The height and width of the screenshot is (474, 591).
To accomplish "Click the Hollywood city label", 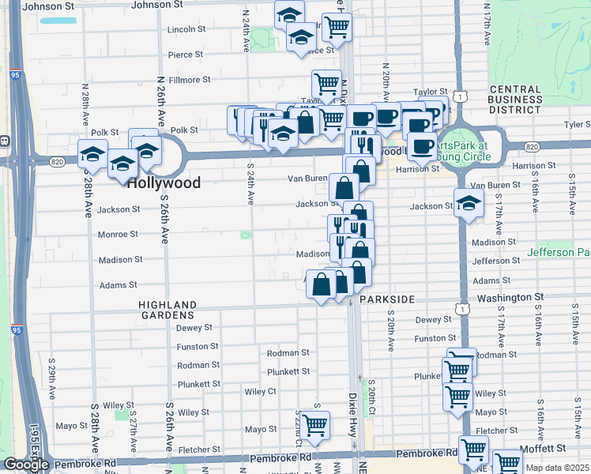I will coord(164,182).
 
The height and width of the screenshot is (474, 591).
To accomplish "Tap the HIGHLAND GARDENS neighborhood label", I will coord(167,310).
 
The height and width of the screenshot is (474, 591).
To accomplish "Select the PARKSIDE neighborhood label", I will coord(387,300).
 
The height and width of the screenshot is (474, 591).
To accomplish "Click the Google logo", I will coord(26,465).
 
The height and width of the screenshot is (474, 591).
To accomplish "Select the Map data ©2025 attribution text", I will coord(559,468).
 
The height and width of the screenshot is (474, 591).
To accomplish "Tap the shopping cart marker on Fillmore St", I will coord(326,83).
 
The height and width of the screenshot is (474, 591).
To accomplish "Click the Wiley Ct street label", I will coord(260,391).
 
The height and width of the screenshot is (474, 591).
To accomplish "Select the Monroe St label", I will coord(118,235).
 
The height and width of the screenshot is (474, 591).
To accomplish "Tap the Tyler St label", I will coord(577,125).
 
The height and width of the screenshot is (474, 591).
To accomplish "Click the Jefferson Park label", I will coord(562,252).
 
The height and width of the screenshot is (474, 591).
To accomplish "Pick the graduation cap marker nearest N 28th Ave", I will coord(92,152).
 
